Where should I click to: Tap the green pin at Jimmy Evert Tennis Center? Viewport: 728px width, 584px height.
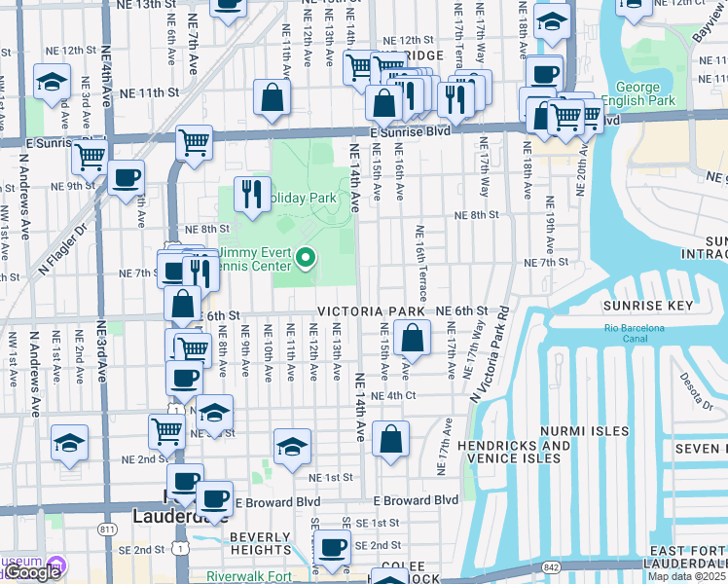(306, 258)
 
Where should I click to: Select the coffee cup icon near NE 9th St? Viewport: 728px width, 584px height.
(126, 178)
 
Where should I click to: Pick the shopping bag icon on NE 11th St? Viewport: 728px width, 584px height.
(273, 96)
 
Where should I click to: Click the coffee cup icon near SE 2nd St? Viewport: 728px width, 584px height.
(332, 548)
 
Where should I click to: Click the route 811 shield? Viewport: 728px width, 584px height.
(104, 527)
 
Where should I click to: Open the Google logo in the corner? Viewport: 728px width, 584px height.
(31, 572)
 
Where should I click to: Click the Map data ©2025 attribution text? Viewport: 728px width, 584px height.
(686, 576)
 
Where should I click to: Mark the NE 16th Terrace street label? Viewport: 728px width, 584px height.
(419, 259)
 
